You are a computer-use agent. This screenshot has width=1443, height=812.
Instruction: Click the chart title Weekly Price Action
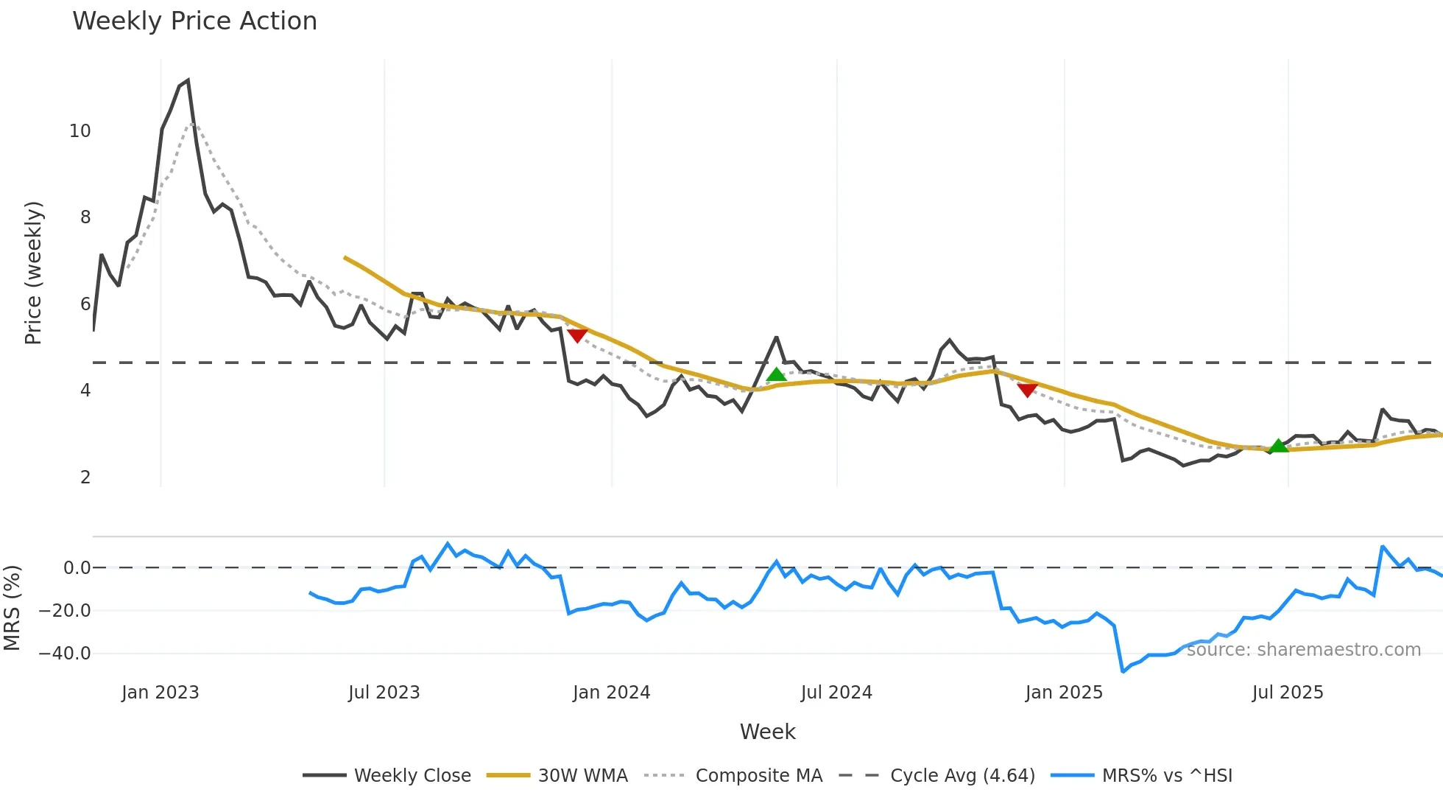194,21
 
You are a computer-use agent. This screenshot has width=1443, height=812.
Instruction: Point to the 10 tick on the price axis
80,131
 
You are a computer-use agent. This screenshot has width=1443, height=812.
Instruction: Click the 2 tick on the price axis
85,477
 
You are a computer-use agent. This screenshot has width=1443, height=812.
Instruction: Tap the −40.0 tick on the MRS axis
65,654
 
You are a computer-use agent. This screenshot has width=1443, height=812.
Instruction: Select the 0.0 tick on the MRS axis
77,568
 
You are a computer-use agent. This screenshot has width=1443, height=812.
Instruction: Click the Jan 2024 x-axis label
611,693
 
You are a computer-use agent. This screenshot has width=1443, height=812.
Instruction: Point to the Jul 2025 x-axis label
1288,693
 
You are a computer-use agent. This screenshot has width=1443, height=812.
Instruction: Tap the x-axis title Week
767,732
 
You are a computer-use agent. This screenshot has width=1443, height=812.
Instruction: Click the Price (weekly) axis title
33,273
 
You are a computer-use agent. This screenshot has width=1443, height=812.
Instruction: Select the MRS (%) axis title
12,608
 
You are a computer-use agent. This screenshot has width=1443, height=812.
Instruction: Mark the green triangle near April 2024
776,375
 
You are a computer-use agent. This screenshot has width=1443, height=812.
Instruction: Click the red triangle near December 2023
577,336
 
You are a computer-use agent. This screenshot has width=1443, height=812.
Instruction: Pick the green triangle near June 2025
1279,446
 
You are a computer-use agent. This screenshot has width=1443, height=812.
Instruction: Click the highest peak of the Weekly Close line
188,80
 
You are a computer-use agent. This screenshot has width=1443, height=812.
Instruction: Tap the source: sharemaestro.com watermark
1303,650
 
